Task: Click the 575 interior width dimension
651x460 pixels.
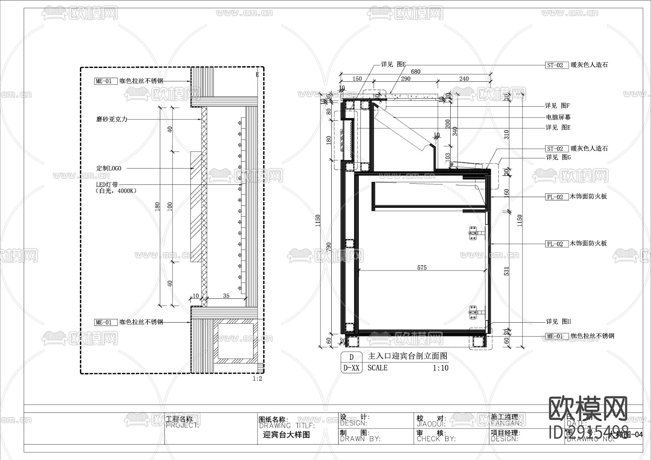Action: tap(422, 268)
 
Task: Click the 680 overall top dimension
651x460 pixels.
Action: tap(416, 72)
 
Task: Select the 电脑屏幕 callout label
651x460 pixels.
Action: tap(558, 117)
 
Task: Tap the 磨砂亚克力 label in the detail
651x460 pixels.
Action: tap(112, 119)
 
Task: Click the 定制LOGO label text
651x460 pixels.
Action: tap(109, 168)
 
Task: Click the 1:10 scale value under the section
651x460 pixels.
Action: tap(441, 368)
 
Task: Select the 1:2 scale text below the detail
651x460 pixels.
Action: tap(257, 379)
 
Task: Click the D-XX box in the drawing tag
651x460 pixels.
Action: tap(351, 368)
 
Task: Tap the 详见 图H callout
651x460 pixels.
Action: tap(558, 321)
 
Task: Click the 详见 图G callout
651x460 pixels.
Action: tap(558, 157)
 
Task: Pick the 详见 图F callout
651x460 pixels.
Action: tap(557, 106)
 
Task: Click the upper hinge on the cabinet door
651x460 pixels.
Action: tap(473, 233)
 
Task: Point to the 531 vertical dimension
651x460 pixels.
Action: tap(506, 271)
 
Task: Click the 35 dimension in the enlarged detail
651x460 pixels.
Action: tap(226, 296)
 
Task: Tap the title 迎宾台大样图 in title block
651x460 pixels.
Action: tap(286, 435)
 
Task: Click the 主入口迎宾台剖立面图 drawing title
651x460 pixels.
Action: tap(408, 357)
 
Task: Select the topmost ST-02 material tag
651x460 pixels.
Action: tap(555, 65)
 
